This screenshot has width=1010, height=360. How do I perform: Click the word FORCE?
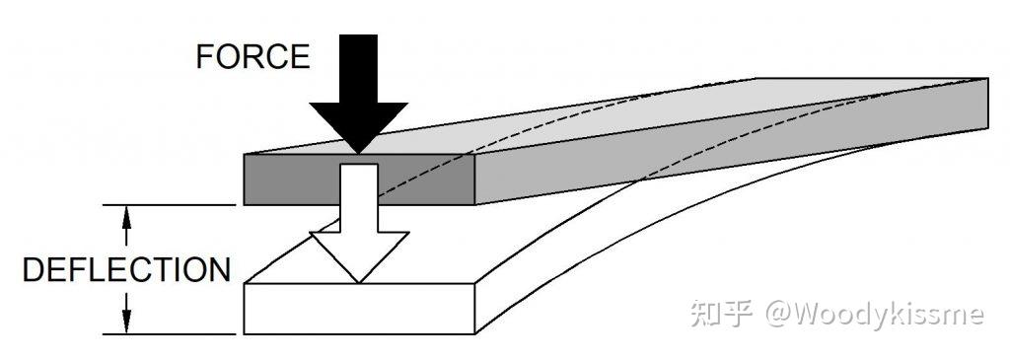pos(252,56)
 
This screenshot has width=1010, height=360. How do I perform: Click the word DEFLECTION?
pos(127,270)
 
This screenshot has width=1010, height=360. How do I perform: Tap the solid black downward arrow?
pos(359,94)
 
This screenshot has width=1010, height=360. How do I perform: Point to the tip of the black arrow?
pos(359,153)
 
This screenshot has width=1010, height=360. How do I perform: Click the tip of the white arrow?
pos(359,283)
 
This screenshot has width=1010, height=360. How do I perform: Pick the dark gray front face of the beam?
pos(359,180)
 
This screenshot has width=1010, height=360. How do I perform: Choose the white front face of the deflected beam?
pos(359,309)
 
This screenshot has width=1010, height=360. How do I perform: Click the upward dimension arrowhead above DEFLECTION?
pos(127,217)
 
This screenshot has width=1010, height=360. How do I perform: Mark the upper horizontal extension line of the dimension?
pos(170,205)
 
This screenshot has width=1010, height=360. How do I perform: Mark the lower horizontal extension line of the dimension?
pos(170,334)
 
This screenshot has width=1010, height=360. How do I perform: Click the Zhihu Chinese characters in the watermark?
pos(721,314)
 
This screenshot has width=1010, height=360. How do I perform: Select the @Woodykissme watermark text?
pos(875,315)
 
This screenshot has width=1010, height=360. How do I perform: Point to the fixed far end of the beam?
pos(987,103)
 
